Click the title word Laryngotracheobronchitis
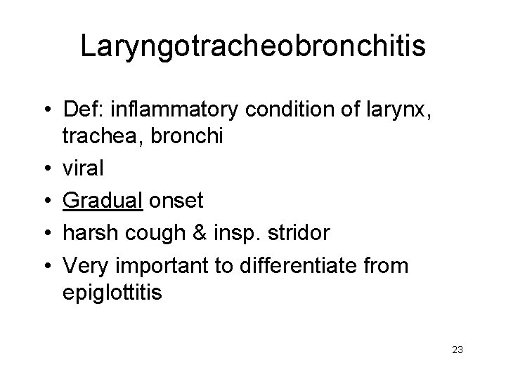coord(253,46)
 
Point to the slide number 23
coord(458,350)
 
